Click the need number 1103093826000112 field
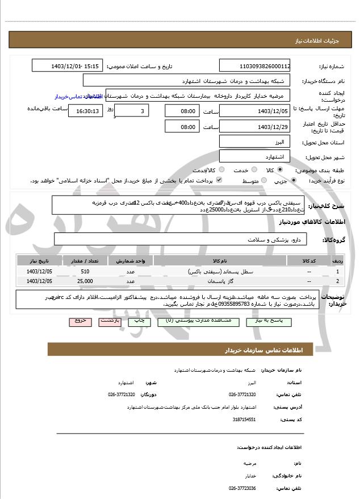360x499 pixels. [255, 66]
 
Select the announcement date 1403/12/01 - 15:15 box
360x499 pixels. [67, 66]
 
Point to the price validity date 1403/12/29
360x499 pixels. [255, 127]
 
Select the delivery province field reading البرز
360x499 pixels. [255, 142]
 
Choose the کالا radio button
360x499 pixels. [280, 170]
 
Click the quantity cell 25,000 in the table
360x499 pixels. [85, 281]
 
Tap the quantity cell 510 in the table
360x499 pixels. [85, 272]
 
